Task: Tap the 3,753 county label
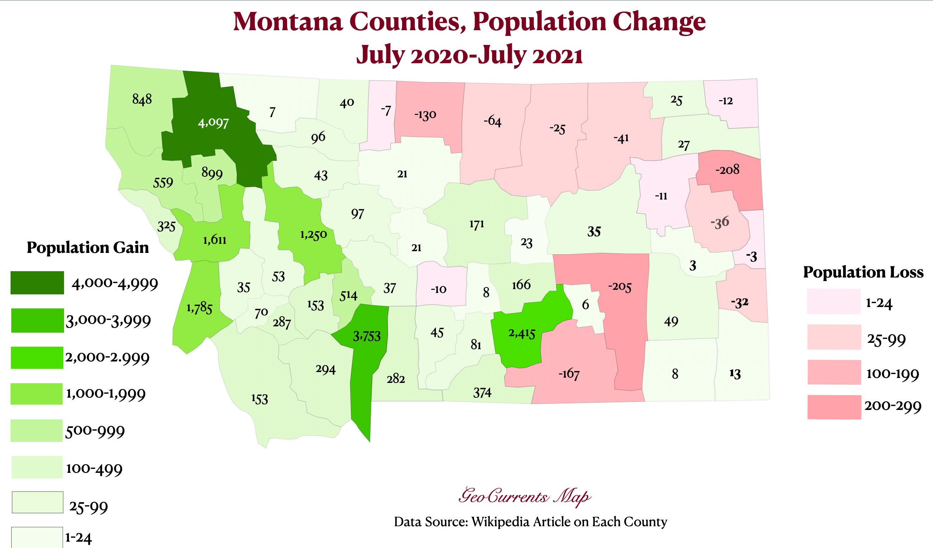tap(367, 336)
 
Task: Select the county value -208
tap(727, 170)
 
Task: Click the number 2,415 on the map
tap(522, 333)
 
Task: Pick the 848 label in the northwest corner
tap(142, 99)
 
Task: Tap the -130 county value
tap(425, 115)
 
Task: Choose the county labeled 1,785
tap(199, 308)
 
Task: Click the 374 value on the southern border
tap(482, 392)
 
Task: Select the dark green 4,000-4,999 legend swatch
tap(37, 283)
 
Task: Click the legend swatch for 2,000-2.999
tap(37, 358)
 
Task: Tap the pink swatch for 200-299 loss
tap(834, 407)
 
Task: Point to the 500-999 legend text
tap(95, 431)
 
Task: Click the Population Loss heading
tap(863, 272)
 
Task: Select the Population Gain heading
tap(88, 247)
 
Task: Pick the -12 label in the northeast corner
tap(726, 101)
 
